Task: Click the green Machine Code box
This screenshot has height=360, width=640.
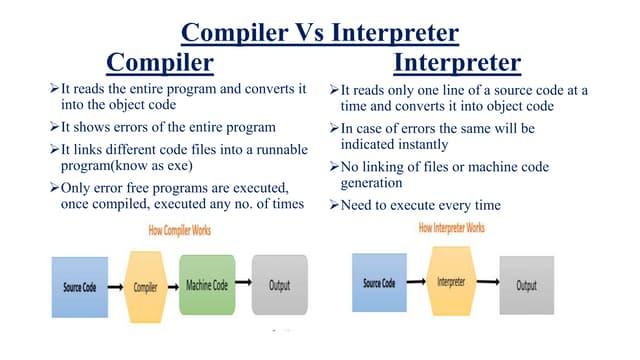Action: tap(207, 285)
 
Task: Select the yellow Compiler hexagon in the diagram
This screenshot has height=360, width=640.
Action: tap(145, 287)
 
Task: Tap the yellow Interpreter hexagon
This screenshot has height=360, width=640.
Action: tap(451, 281)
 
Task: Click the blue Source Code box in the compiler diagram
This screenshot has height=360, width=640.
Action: tap(80, 287)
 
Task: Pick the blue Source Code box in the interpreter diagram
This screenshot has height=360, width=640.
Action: tap(379, 282)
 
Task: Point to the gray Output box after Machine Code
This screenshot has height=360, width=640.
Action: tap(280, 285)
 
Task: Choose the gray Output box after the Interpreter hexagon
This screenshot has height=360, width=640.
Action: tap(527, 285)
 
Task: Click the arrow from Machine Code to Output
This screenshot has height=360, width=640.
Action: tap(244, 282)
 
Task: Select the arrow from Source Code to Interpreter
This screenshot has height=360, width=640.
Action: tap(416, 281)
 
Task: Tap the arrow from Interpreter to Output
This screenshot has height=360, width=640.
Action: tap(488, 281)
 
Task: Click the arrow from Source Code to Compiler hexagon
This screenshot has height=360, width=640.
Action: tap(116, 287)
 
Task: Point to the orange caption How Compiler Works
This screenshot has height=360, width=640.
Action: tap(180, 231)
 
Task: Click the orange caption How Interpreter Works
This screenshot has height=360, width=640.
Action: tap(452, 228)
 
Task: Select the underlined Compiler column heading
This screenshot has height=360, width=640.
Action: tap(160, 63)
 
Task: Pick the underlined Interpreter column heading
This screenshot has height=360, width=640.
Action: tap(457, 63)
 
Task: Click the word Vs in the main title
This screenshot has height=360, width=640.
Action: tap(309, 33)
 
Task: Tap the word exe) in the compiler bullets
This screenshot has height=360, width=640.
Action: tap(180, 166)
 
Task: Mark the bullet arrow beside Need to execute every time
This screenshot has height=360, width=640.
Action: tap(334, 205)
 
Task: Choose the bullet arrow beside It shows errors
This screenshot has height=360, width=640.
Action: tap(54, 127)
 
